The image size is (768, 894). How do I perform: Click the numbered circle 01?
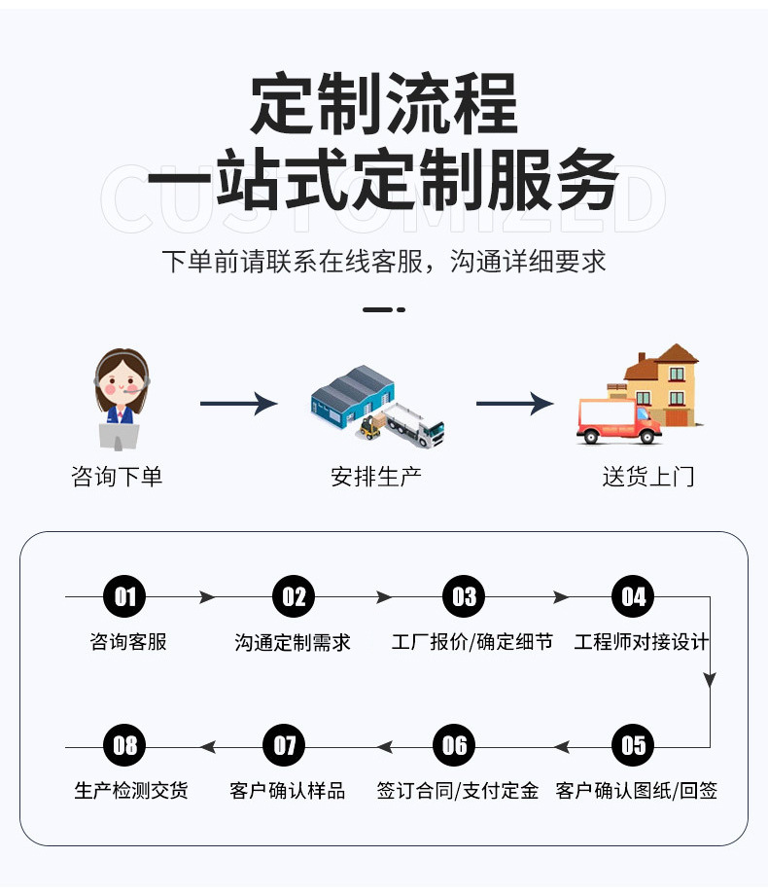[124, 596]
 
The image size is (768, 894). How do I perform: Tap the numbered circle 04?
[633, 596]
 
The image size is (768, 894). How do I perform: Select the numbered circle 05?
[633, 746]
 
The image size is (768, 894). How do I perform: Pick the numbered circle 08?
[124, 746]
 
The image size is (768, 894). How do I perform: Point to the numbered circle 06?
[454, 746]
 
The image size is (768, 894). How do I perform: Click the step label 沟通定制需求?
[293, 643]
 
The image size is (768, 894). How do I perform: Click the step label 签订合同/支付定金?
[457, 791]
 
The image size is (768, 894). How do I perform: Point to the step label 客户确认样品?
[288, 791]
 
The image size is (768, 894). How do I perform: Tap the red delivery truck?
[616, 421]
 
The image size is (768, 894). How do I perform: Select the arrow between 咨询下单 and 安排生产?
[238, 404]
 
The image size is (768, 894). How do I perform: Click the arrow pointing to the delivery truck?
[514, 404]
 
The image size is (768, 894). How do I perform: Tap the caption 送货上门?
[648, 477]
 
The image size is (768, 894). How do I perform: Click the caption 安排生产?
[376, 477]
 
